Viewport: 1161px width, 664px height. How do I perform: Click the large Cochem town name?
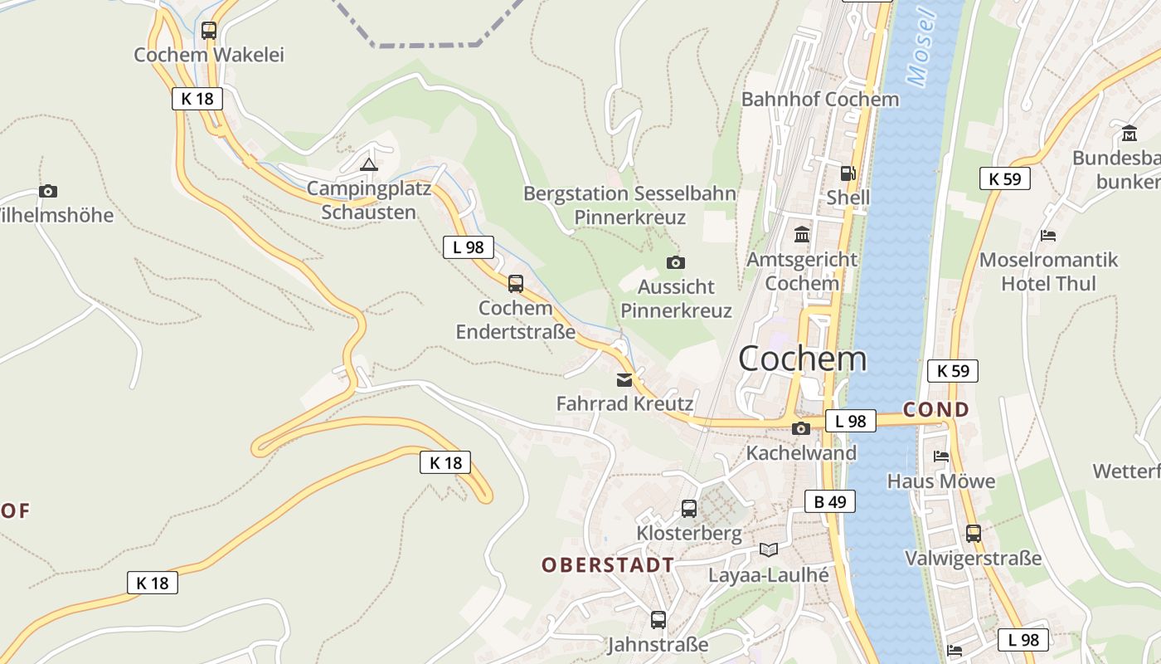(802, 359)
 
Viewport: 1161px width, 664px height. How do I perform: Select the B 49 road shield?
(829, 501)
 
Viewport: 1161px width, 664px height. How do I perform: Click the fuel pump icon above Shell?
(848, 173)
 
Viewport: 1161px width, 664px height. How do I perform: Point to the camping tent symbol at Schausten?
(369, 164)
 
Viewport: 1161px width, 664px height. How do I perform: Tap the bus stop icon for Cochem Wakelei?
(209, 31)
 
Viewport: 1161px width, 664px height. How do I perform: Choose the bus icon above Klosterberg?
(688, 509)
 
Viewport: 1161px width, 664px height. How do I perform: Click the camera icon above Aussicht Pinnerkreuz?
(676, 263)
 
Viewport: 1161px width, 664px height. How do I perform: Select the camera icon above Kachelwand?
(800, 429)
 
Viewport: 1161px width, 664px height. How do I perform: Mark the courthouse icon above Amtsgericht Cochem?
(801, 235)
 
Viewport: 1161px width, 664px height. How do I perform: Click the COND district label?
(935, 409)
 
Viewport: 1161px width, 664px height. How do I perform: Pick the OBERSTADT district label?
(608, 565)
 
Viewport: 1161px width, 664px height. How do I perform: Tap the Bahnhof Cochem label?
(819, 100)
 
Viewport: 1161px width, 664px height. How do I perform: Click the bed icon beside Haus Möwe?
(940, 456)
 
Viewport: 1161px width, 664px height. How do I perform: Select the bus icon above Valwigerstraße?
(973, 534)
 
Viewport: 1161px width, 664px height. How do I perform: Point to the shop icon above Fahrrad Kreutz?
(624, 381)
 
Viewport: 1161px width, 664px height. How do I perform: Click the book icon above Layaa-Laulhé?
(769, 549)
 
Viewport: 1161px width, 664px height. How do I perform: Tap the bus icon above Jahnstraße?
(658, 619)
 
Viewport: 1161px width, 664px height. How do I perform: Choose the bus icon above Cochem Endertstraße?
(515, 284)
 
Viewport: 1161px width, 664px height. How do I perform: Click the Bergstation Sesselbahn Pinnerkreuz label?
(629, 206)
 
